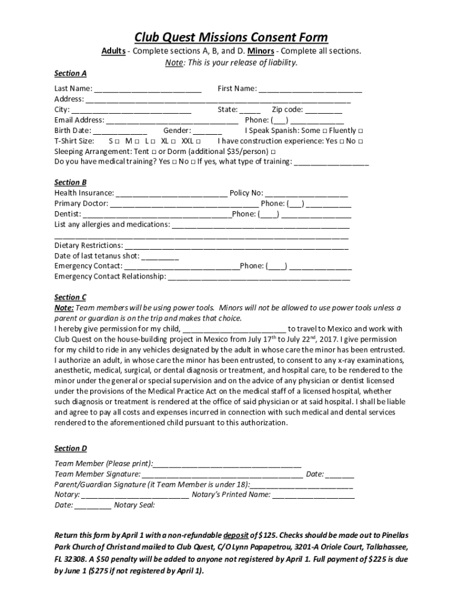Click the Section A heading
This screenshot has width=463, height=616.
point(70,73)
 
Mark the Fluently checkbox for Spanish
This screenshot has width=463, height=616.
point(360,131)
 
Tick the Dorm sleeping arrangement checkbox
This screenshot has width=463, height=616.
point(274,152)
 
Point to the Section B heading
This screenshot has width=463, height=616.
point(70,182)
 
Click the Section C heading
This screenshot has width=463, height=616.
point(70,297)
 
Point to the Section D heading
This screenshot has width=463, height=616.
point(70,448)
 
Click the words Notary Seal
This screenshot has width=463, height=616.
point(134,505)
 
